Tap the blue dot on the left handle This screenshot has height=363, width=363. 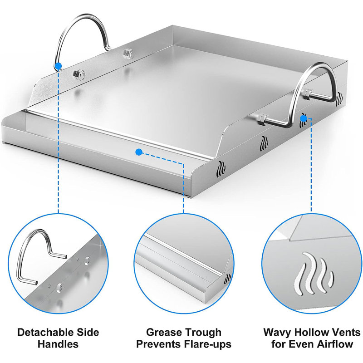click(x=57, y=66)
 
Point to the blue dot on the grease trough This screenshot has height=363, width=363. click(x=139, y=152)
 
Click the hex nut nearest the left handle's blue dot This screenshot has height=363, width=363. click(x=77, y=74)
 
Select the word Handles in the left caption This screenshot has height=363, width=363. click(x=59, y=344)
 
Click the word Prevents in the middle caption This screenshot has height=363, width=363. click(x=157, y=344)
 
